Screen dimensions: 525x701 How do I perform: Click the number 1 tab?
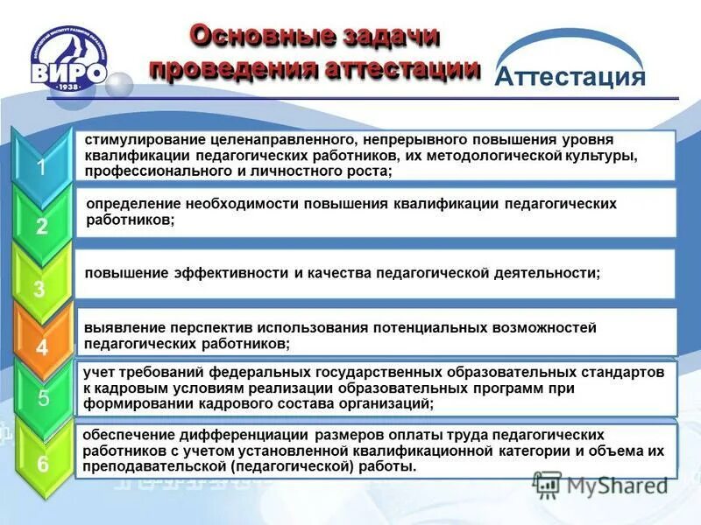coord(41,168)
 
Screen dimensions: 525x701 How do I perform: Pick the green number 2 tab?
coord(41,227)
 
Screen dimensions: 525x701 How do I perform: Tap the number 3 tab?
coord(39,289)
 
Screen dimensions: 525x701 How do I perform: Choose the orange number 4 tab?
coord(41,347)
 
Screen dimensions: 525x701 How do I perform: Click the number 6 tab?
coord(41,462)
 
